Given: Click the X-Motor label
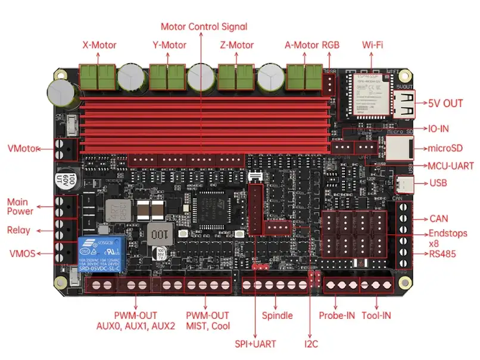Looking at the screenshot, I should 99,45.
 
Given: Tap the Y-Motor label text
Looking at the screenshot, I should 169,45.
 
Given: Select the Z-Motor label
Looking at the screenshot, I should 237,45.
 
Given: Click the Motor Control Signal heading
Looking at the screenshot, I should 204,27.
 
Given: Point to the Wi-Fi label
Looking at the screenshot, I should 372,45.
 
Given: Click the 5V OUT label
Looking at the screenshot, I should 445,103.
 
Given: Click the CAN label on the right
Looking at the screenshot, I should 440,219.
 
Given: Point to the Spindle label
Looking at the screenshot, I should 278,315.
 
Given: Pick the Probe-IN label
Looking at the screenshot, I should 337,315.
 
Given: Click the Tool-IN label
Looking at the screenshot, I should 380,315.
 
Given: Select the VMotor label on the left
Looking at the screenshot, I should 22,148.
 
